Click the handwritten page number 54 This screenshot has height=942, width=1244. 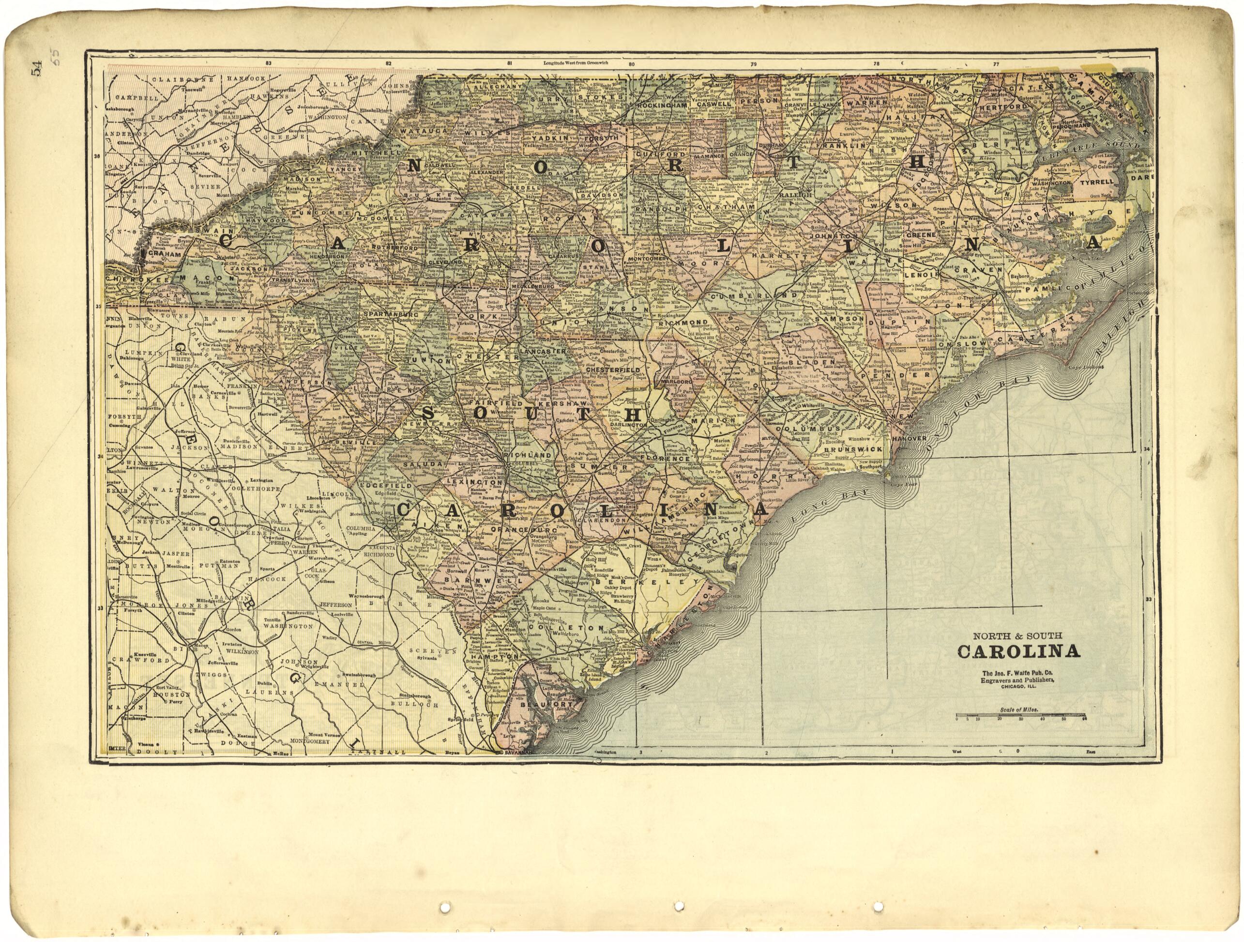[37, 72]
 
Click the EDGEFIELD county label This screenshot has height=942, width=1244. [390, 484]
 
